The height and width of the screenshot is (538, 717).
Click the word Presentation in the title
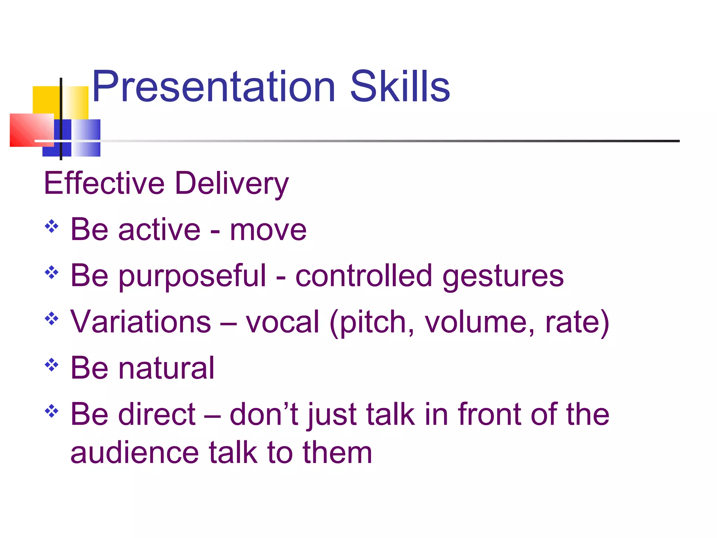point(214,87)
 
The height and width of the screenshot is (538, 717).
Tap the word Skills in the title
point(400,87)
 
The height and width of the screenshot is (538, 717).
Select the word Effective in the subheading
point(104,183)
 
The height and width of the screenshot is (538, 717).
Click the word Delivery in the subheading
point(232,184)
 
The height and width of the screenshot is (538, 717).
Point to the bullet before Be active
point(51,226)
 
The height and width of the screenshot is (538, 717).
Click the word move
point(268,230)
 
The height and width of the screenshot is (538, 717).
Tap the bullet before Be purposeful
point(51,273)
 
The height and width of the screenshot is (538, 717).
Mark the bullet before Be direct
point(51,411)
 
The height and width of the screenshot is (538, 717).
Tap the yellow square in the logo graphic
point(46,99)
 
